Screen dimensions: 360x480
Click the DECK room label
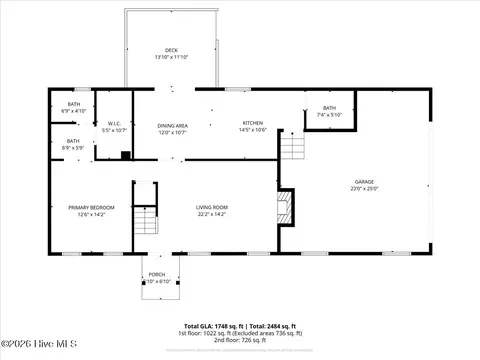(x=171, y=50)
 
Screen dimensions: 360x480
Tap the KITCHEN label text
(x=252, y=123)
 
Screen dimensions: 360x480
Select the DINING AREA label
(x=172, y=124)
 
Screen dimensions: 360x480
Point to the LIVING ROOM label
(x=211, y=207)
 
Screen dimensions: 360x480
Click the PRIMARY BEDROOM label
(x=91, y=207)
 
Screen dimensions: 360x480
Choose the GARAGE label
(x=364, y=182)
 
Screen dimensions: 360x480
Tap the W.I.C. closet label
(x=115, y=124)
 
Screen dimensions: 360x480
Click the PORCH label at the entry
(x=157, y=275)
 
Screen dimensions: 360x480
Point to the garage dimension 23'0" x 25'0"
(x=364, y=189)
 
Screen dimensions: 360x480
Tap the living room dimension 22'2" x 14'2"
(x=211, y=214)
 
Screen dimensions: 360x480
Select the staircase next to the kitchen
(x=291, y=149)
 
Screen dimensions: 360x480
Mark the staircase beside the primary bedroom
(x=147, y=219)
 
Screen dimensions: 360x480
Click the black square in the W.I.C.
(x=124, y=155)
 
